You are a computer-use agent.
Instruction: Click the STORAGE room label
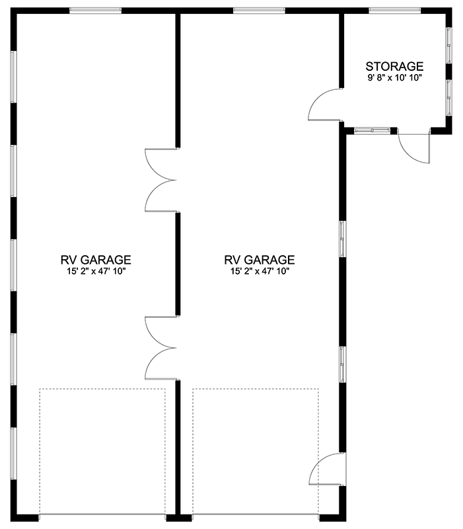(394, 66)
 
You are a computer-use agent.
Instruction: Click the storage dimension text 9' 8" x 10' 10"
(394, 77)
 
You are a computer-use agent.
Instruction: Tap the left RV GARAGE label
(95, 260)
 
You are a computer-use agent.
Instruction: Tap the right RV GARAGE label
(260, 260)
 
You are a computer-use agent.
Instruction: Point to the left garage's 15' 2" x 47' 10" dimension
(95, 271)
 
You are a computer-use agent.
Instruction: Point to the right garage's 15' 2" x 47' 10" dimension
(260, 271)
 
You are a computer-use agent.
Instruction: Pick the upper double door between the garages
(160, 180)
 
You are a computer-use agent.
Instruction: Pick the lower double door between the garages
(160, 348)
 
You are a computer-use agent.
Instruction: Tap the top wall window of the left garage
(95, 10)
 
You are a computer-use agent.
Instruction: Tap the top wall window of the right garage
(259, 10)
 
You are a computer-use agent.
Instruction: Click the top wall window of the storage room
(394, 10)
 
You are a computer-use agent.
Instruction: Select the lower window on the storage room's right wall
(449, 97)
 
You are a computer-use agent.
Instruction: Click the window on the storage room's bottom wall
(373, 130)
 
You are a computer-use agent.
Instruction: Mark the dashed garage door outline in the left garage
(102, 450)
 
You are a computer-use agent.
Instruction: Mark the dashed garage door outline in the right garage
(255, 450)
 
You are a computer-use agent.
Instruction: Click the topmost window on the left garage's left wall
(13, 76)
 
